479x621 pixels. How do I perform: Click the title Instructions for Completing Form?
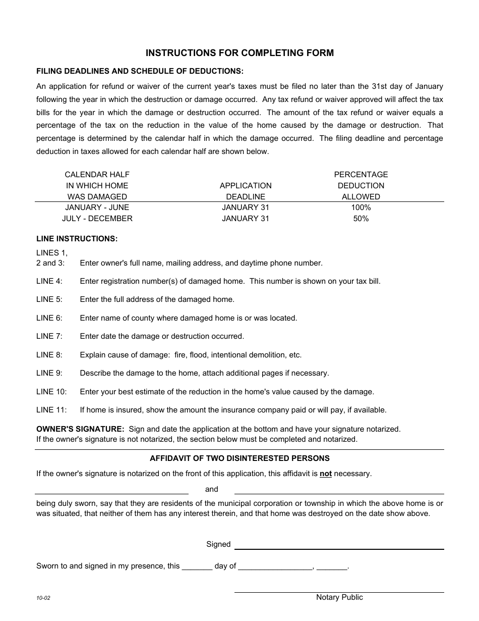(x=239, y=53)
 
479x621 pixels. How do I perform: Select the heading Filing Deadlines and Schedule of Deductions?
(x=140, y=71)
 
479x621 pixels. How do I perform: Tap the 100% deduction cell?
(x=361, y=208)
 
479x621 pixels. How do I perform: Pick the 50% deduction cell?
(x=361, y=219)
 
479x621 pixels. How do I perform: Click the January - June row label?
(x=97, y=208)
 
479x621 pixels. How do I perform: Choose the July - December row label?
(x=97, y=219)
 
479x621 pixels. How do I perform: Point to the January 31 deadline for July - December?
(x=246, y=219)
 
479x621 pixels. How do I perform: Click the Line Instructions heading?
(x=77, y=238)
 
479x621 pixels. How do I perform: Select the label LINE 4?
(x=49, y=281)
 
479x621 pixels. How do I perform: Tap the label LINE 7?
(x=49, y=336)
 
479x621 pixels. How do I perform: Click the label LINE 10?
(x=51, y=392)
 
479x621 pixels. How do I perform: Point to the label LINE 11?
(x=51, y=410)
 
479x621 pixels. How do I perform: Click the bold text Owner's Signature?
(x=80, y=429)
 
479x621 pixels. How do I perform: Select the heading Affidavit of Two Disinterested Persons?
(x=239, y=458)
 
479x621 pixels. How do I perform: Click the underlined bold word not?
(x=326, y=474)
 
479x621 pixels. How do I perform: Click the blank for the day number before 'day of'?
(x=197, y=567)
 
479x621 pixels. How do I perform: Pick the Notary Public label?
(x=339, y=597)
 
